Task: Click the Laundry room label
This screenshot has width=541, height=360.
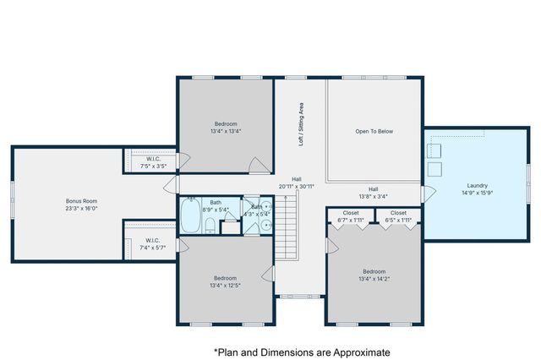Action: (477, 185)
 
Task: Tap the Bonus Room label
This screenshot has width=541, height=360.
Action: (82, 201)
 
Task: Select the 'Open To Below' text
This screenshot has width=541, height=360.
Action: (374, 131)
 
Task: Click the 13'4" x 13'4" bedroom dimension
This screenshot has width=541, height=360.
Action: (226, 131)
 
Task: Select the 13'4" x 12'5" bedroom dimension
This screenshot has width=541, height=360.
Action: (225, 286)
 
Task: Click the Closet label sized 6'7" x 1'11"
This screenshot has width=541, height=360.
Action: (351, 220)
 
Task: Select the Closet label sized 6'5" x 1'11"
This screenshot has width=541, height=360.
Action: (398, 220)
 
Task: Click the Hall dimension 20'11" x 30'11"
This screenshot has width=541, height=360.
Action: (296, 186)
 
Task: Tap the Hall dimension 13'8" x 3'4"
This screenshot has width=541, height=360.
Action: (373, 196)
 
